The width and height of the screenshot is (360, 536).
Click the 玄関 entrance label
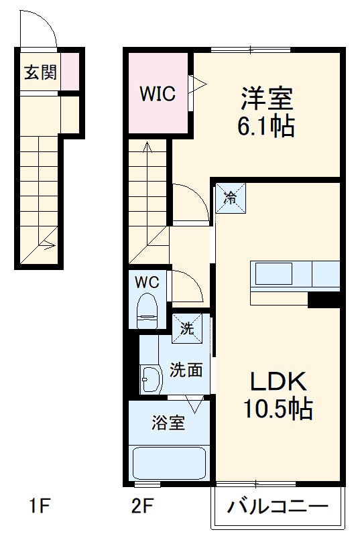coord(40,72)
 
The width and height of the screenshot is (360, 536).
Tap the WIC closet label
coord(158,94)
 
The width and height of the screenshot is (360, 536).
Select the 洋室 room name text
coord(267,99)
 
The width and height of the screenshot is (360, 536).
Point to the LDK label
coord(278,382)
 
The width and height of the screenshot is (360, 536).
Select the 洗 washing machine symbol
coord(186,328)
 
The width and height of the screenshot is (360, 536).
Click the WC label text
coord(147,282)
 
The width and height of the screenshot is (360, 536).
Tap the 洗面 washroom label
coord(186,369)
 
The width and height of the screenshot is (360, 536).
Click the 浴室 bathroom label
coord(168,423)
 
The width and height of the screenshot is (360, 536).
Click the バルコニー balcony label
coord(277,507)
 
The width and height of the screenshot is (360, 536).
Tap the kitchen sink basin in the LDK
coord(272,274)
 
